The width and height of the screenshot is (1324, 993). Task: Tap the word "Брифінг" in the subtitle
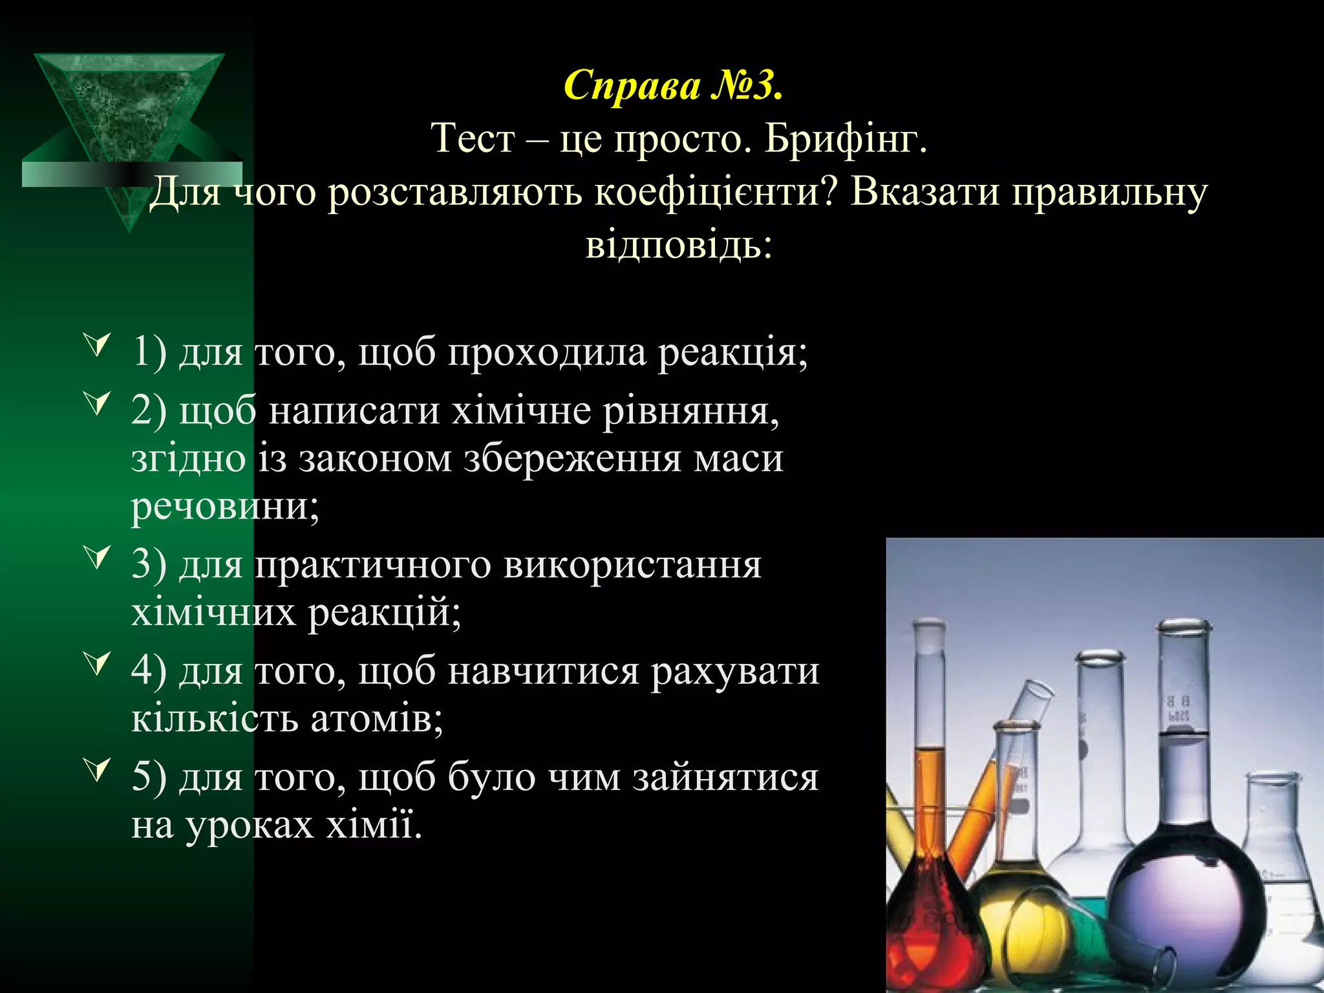(846, 138)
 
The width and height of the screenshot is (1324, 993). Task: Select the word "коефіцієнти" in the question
(716, 192)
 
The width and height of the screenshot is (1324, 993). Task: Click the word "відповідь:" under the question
(679, 246)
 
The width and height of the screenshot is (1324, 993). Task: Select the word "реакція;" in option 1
(733, 353)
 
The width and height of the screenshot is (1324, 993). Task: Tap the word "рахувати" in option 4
(734, 671)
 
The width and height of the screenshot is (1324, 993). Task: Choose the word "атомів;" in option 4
(377, 719)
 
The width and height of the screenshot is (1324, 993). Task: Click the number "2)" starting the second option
(149, 411)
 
